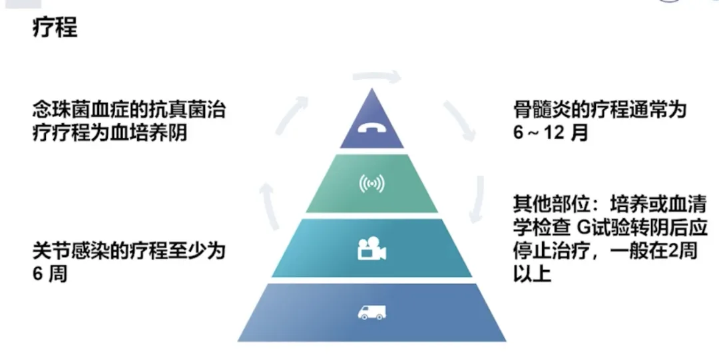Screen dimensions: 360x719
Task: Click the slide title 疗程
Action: pyautogui.click(x=55, y=27)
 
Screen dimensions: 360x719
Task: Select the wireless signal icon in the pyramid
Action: pyautogui.click(x=372, y=184)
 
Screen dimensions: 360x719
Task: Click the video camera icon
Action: pyautogui.click(x=372, y=251)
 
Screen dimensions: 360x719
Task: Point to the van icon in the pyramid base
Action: pyautogui.click(x=372, y=311)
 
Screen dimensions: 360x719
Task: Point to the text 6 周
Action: pyautogui.click(x=50, y=273)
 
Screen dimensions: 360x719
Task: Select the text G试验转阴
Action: pyautogui.click(x=617, y=227)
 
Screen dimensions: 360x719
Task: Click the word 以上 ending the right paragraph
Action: pyautogui.click(x=532, y=273)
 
